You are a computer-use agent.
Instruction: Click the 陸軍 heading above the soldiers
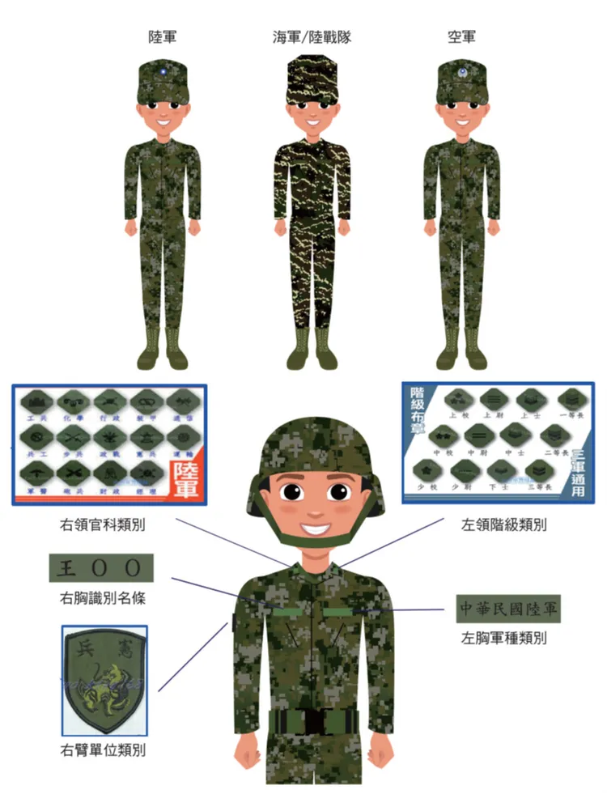162,37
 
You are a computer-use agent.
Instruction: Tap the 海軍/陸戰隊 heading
312,37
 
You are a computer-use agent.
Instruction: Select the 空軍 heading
461,37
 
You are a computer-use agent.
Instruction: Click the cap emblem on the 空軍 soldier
461,74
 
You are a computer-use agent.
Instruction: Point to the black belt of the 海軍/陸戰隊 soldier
312,214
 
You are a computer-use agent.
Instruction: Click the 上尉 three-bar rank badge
491,399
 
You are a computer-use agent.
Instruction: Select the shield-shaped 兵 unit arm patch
104,679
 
